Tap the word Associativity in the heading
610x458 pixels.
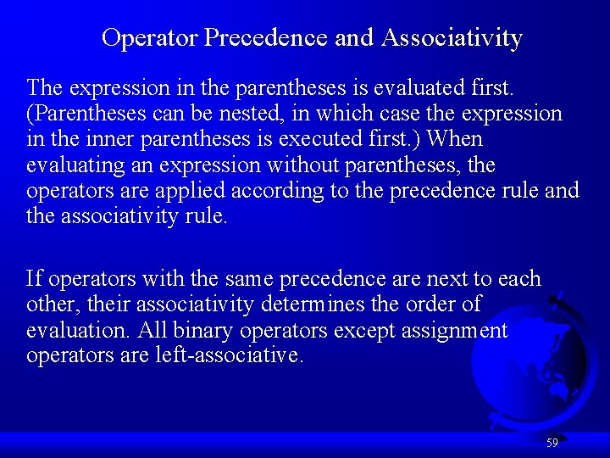coord(452,38)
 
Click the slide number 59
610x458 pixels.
coord(552,443)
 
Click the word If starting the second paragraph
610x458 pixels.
coord(34,278)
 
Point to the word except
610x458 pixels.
coord(341,330)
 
